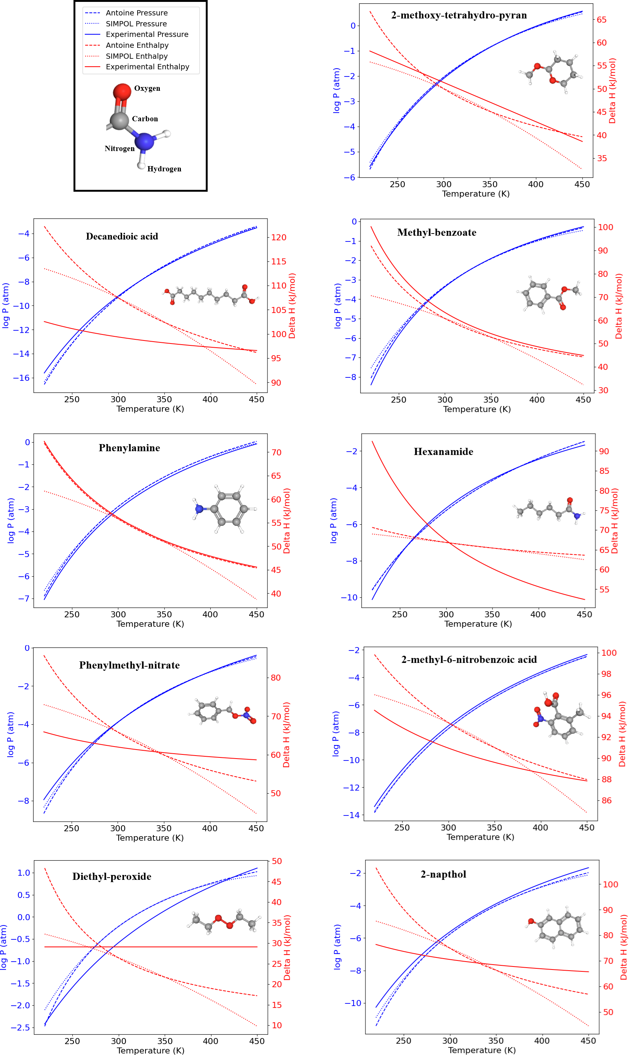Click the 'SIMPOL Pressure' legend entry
pyautogui.click(x=136, y=24)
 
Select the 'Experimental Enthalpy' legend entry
pyautogui.click(x=147, y=67)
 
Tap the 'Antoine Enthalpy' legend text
pyautogui.click(x=137, y=45)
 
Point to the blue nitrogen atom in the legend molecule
pyautogui.click(x=145, y=142)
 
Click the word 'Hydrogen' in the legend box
pyautogui.click(x=164, y=169)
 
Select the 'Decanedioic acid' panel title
pyautogui.click(x=122, y=236)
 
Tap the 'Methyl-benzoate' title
pyautogui.click(x=436, y=232)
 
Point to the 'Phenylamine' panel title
pyautogui.click(x=129, y=448)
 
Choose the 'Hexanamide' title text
pyautogui.click(x=443, y=452)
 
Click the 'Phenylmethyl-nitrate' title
pyautogui.click(x=129, y=666)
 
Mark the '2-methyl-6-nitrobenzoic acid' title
pyautogui.click(x=469, y=660)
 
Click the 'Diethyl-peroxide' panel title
pyautogui.click(x=112, y=877)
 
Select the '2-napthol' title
pyautogui.click(x=443, y=875)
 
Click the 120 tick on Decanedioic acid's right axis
pyautogui.click(x=279, y=238)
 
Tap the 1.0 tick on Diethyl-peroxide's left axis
pyautogui.click(x=24, y=873)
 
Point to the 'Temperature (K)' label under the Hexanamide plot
pyautogui.click(x=477, y=624)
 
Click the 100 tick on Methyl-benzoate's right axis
pyautogui.click(x=605, y=227)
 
